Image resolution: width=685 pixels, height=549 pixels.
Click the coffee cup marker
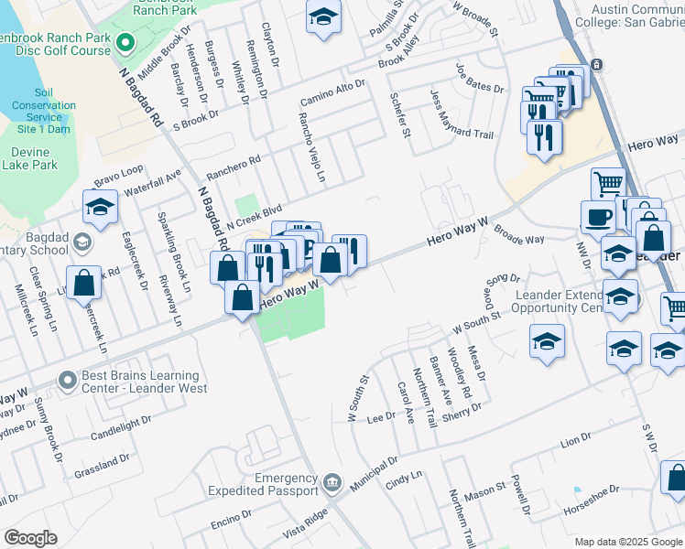tap(599, 218)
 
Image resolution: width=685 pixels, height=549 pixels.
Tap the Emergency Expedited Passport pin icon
tap(332, 482)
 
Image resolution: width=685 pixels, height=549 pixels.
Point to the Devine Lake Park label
tap(29, 157)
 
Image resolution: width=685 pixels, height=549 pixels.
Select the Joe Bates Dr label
tap(480, 78)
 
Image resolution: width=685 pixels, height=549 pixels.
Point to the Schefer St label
tap(398, 114)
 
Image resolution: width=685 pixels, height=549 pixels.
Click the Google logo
tap(30, 538)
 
